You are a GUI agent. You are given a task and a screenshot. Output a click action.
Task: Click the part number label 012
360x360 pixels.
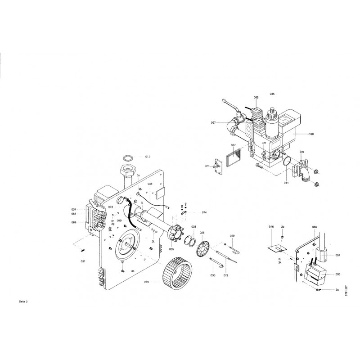coord(147,157)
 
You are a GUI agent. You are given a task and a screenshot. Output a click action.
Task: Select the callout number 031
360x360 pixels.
coord(83,261)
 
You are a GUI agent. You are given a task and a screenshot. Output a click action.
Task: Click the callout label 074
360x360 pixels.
coord(204,212)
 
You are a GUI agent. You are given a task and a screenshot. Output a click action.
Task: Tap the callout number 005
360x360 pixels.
coord(171,249)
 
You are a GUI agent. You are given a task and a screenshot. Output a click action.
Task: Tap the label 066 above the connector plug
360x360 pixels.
coord(256,98)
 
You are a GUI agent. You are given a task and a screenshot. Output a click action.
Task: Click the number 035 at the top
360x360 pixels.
coord(272,94)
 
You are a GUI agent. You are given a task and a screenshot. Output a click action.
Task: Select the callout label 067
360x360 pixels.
coord(213,123)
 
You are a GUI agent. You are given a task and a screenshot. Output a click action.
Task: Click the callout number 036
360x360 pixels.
coord(337,273)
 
